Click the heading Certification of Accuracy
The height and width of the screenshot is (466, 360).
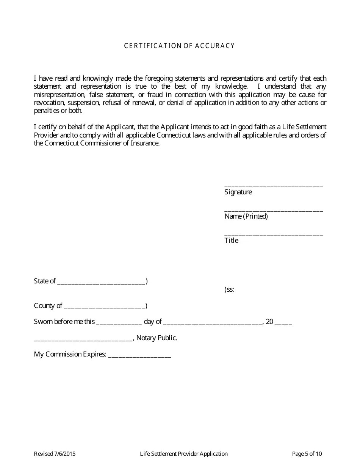(x=180, y=46)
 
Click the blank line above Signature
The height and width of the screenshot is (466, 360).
(x=273, y=185)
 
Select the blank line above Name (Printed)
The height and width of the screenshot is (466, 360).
(x=273, y=210)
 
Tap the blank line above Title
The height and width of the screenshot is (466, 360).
(x=273, y=234)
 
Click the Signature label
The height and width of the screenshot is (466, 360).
(x=238, y=192)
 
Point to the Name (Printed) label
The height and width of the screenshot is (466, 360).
(x=246, y=216)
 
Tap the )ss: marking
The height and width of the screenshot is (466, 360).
(x=229, y=290)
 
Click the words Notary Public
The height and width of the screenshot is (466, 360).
(x=157, y=338)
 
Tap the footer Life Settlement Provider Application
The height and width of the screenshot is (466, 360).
(x=184, y=454)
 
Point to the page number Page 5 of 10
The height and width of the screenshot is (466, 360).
(x=307, y=454)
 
